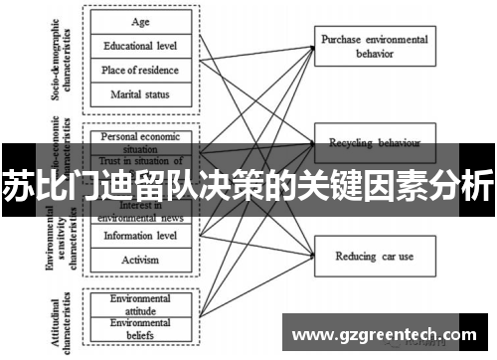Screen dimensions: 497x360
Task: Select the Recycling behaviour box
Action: (x=373, y=142)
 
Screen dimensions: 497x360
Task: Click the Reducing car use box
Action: (x=373, y=257)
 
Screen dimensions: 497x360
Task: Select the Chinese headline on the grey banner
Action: (x=248, y=185)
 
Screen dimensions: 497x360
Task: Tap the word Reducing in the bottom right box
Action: (x=355, y=257)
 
